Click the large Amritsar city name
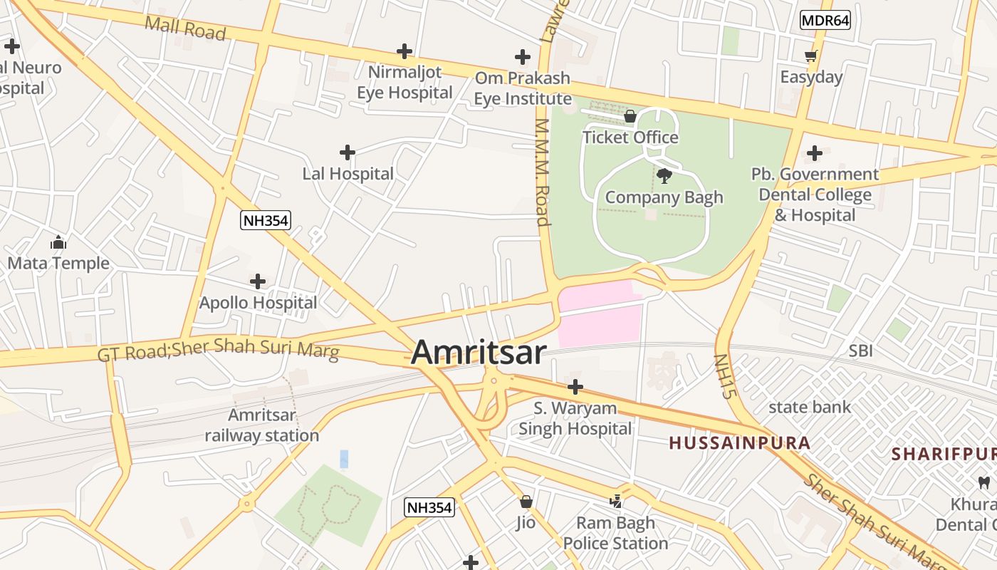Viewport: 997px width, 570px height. tap(479, 352)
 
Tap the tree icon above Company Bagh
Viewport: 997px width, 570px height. tap(664, 175)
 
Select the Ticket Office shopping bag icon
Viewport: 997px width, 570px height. tap(630, 115)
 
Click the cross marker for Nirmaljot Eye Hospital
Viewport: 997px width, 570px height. tap(404, 51)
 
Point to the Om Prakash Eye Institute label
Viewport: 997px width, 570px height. tap(523, 88)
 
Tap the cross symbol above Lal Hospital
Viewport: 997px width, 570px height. tap(348, 152)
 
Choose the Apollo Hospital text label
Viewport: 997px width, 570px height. tap(258, 303)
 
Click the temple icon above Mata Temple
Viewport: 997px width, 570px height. tap(58, 242)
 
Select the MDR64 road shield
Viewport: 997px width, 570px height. tap(825, 20)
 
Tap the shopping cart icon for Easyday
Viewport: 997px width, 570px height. tap(810, 56)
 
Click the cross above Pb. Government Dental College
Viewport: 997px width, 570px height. tap(815, 153)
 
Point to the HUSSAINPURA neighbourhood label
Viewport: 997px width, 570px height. tap(740, 443)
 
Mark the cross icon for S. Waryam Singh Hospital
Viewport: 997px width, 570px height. tap(575, 388)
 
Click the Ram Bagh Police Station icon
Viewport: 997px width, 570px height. tap(616, 502)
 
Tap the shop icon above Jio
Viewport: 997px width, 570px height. tap(526, 502)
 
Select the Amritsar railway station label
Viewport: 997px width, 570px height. tap(262, 425)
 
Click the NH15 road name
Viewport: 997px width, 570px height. tap(726, 376)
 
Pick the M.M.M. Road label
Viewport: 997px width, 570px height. tap(543, 172)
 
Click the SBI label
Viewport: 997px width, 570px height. tap(860, 351)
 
